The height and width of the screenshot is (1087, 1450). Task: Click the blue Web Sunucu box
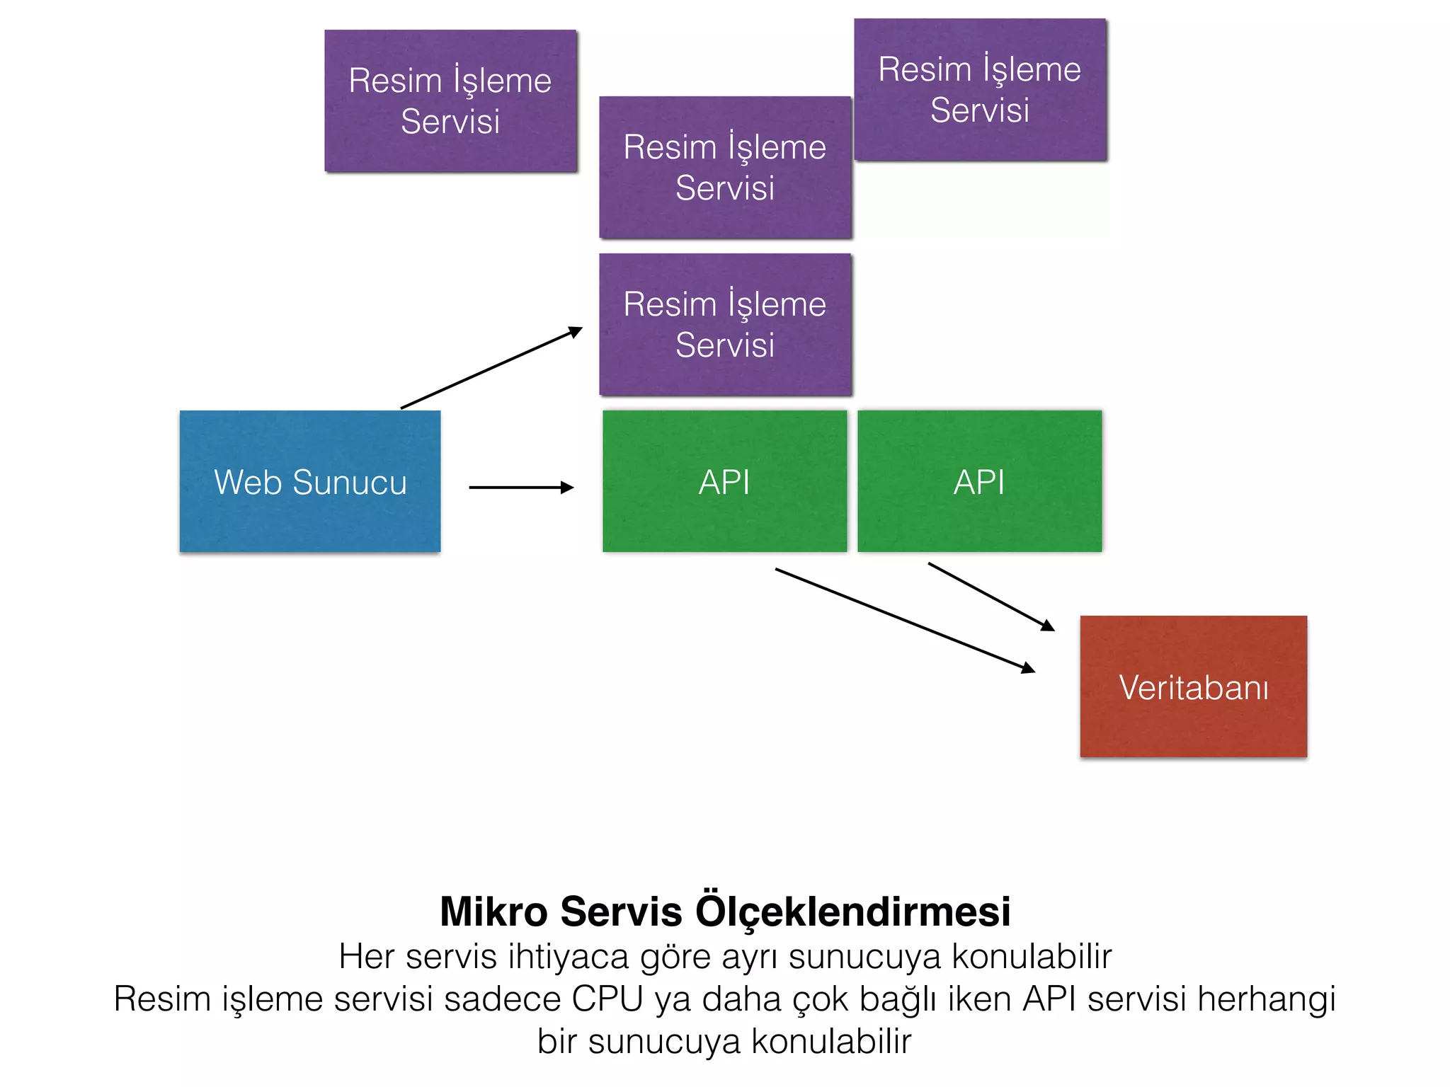[x=310, y=481]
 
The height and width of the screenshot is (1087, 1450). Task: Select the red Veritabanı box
[x=1193, y=686]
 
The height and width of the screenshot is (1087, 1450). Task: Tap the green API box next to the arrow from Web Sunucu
[x=724, y=481]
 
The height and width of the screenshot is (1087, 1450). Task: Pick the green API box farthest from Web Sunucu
[x=979, y=481]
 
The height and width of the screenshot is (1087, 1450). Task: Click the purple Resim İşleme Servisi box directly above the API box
[x=724, y=324]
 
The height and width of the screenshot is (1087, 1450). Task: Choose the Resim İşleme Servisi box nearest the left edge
[x=450, y=100]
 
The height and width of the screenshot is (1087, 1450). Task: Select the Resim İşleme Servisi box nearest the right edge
[x=980, y=89]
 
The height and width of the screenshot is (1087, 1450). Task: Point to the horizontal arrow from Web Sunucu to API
[x=520, y=487]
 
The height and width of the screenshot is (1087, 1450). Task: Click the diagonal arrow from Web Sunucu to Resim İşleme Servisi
[x=491, y=368]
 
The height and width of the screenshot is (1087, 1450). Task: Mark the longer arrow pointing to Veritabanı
[x=904, y=619]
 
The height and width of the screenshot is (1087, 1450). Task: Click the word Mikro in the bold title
[x=493, y=911]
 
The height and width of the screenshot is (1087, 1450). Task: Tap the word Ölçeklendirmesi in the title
[x=853, y=911]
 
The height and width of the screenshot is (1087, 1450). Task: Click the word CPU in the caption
[x=607, y=999]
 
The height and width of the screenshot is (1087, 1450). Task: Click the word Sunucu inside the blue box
[x=350, y=483]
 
